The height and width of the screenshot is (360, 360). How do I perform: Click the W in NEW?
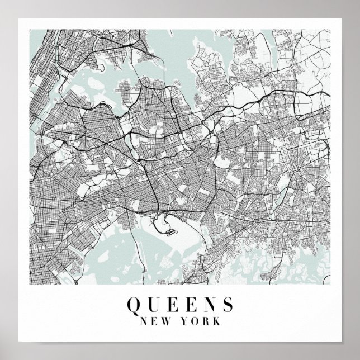coord(169,322)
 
